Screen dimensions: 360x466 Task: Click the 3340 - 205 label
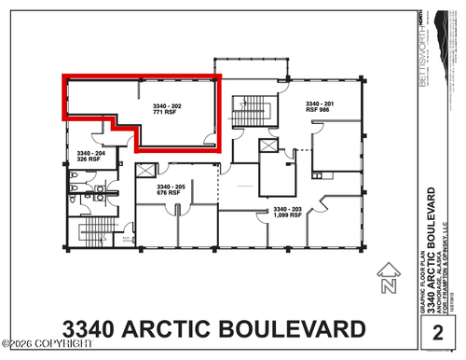point(171,187)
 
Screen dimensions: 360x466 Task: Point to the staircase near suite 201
point(249,111)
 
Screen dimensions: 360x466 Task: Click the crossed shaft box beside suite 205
point(144,171)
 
